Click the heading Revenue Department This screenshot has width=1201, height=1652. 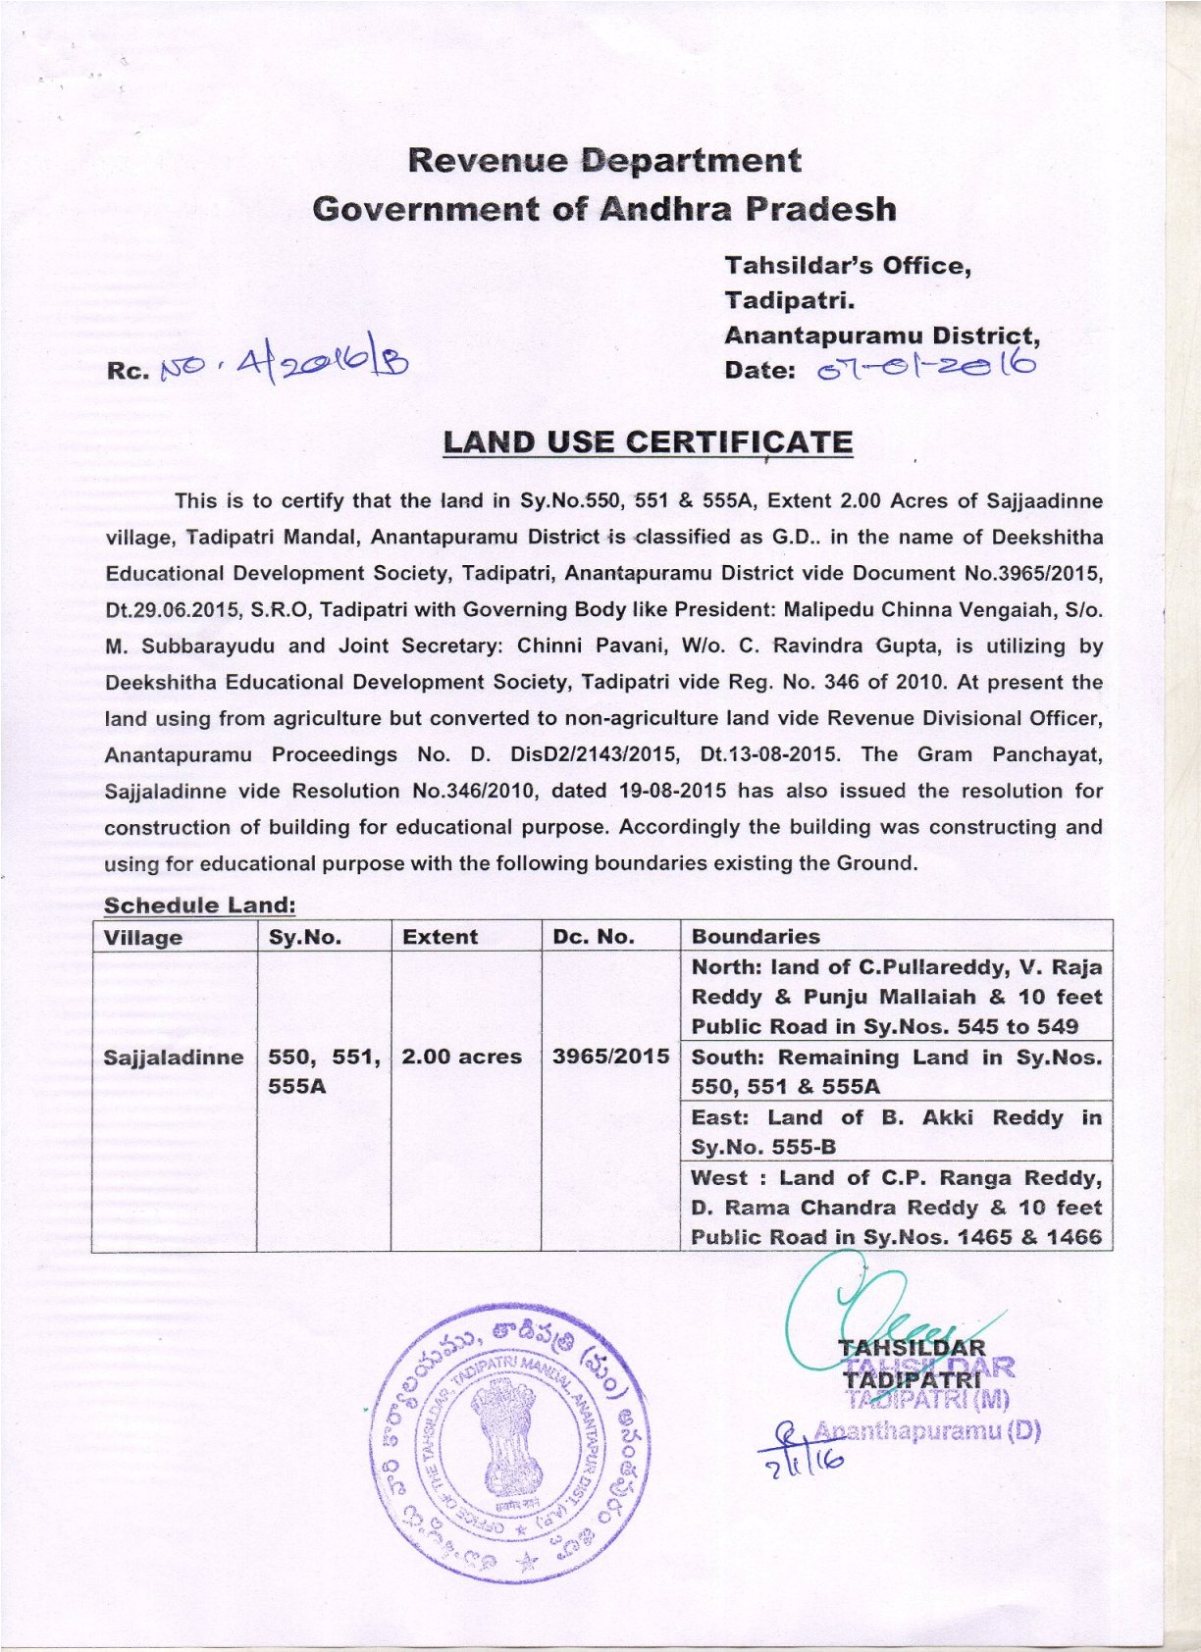tap(603, 160)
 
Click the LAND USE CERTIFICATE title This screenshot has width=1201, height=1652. tap(648, 442)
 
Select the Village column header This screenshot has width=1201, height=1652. tap(143, 937)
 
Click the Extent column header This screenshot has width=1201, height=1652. tap(440, 937)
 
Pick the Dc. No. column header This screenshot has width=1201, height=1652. tap(593, 937)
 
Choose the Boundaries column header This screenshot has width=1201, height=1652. tap(756, 937)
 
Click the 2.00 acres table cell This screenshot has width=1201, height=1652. tap(462, 1057)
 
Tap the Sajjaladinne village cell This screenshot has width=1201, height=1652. tap(174, 1057)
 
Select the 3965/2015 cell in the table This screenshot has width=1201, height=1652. tap(610, 1057)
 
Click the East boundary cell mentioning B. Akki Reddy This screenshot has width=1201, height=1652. tap(896, 1131)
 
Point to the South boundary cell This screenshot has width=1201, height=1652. tap(896, 1071)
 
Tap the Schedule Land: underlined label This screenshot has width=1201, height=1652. tap(199, 904)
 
